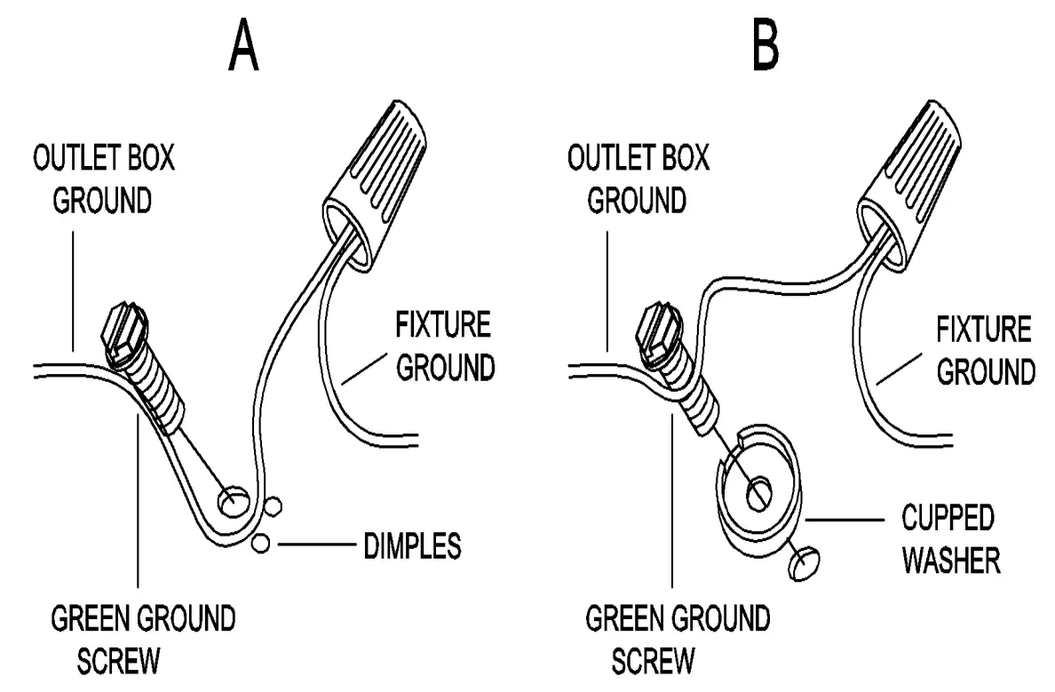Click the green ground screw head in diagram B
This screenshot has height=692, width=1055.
pyautogui.click(x=657, y=332)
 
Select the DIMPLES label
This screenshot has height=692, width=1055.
pyautogui.click(x=412, y=545)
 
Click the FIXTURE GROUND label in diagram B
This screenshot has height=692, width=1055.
pyautogui.click(x=985, y=351)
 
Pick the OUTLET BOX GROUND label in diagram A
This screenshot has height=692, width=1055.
pyautogui.click(x=103, y=181)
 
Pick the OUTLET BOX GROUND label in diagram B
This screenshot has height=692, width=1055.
pyautogui.click(x=638, y=181)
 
